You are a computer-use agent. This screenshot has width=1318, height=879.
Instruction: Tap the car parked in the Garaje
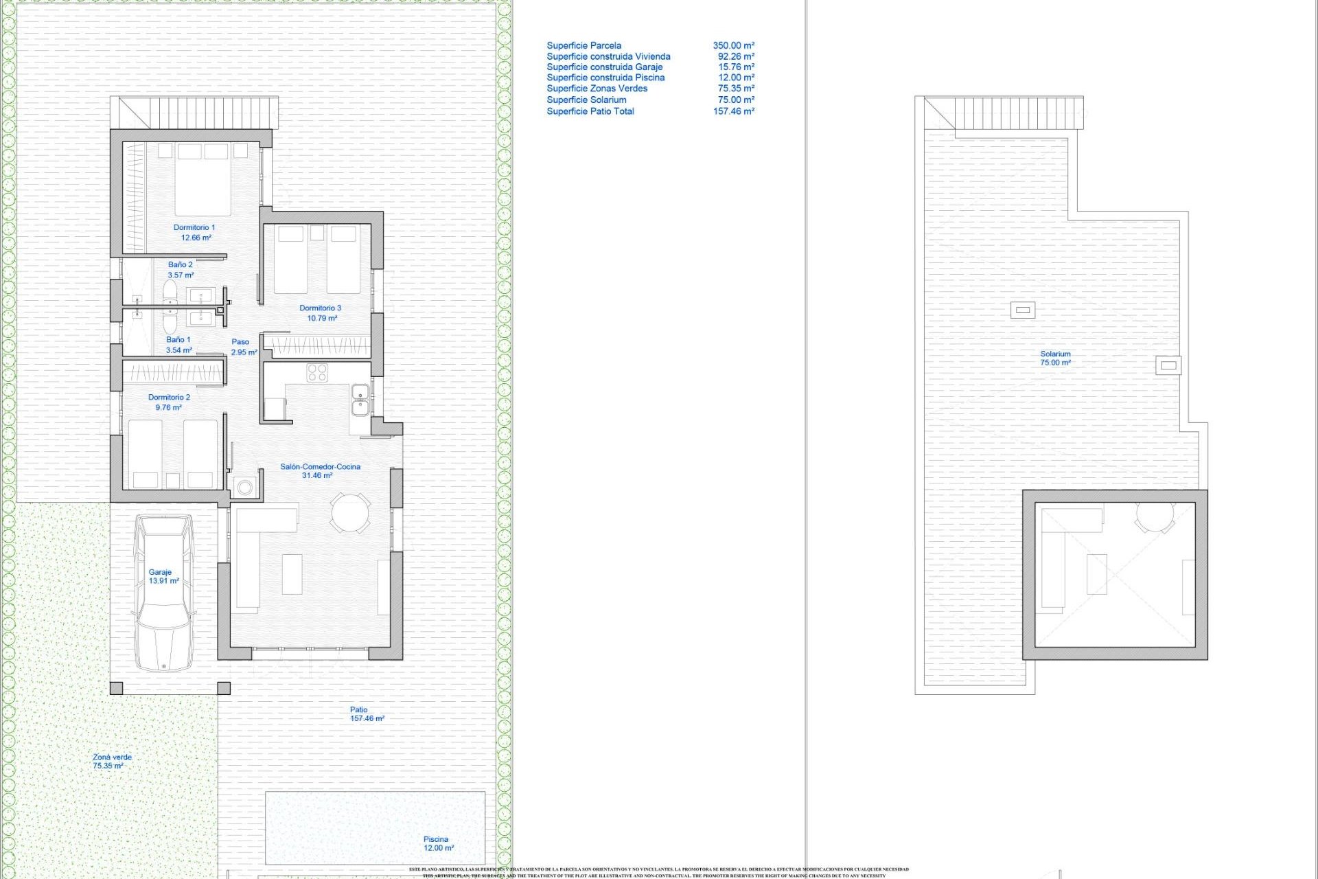pos(164,593)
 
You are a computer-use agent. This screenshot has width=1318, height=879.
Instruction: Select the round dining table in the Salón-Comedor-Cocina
pos(349,512)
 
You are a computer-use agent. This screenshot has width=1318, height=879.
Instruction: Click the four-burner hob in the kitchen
pos(317,373)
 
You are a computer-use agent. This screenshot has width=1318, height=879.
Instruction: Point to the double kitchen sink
pos(360,400)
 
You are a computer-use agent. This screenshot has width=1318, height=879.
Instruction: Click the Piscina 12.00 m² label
pos(437,843)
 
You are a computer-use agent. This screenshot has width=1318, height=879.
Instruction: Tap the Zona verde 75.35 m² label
pos(111,761)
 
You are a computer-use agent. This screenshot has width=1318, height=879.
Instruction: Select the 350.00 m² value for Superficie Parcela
pos(733,45)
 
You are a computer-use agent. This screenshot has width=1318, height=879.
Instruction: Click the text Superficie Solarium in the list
pos(586,100)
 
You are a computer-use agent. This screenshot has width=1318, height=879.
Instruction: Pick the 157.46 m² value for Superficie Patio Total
pos(733,111)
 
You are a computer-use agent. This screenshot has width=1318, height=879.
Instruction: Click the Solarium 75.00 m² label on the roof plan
pos(1055,358)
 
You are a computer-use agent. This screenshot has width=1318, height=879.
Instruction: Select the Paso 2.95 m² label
pos(243,347)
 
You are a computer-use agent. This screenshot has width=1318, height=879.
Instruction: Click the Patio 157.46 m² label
pos(365,714)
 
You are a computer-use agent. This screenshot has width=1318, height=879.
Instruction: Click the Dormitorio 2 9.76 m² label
pos(169,402)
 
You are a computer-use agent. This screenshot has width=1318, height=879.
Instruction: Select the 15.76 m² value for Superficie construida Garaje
pos(736,67)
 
